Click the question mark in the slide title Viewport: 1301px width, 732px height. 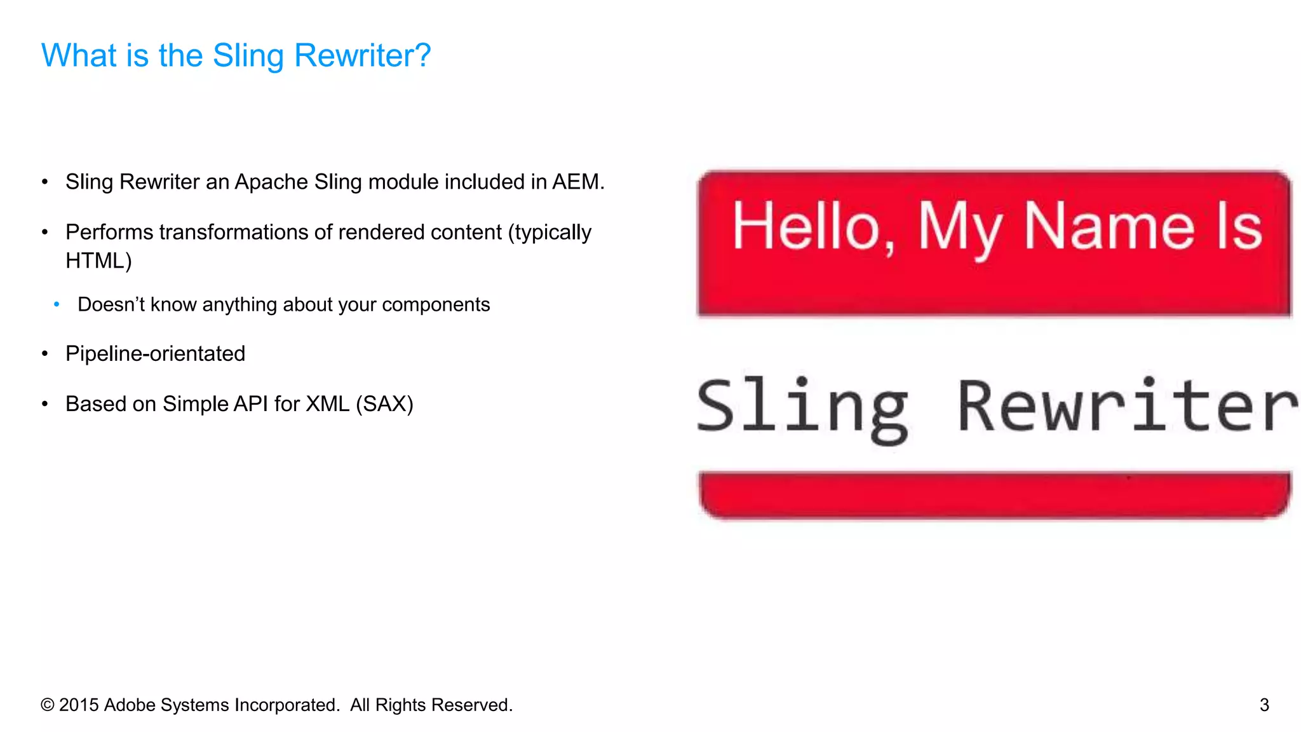pyautogui.click(x=422, y=55)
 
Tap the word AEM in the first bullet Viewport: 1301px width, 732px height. pyautogui.click(x=576, y=182)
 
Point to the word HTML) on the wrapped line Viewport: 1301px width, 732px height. pyautogui.click(x=98, y=261)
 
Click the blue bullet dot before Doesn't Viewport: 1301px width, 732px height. pyautogui.click(x=57, y=305)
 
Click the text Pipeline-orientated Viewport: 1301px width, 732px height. pyautogui.click(x=155, y=354)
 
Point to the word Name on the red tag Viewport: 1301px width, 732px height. pyautogui.click(x=1109, y=227)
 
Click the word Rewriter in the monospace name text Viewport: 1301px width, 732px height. pyautogui.click(x=1127, y=407)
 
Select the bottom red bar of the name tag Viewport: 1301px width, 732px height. pyautogui.click(x=994, y=494)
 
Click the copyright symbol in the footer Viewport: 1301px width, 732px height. pyautogui.click(x=47, y=705)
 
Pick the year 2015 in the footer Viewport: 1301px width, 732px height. pyautogui.click(x=79, y=705)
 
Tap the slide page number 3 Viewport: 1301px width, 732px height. pyautogui.click(x=1264, y=705)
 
